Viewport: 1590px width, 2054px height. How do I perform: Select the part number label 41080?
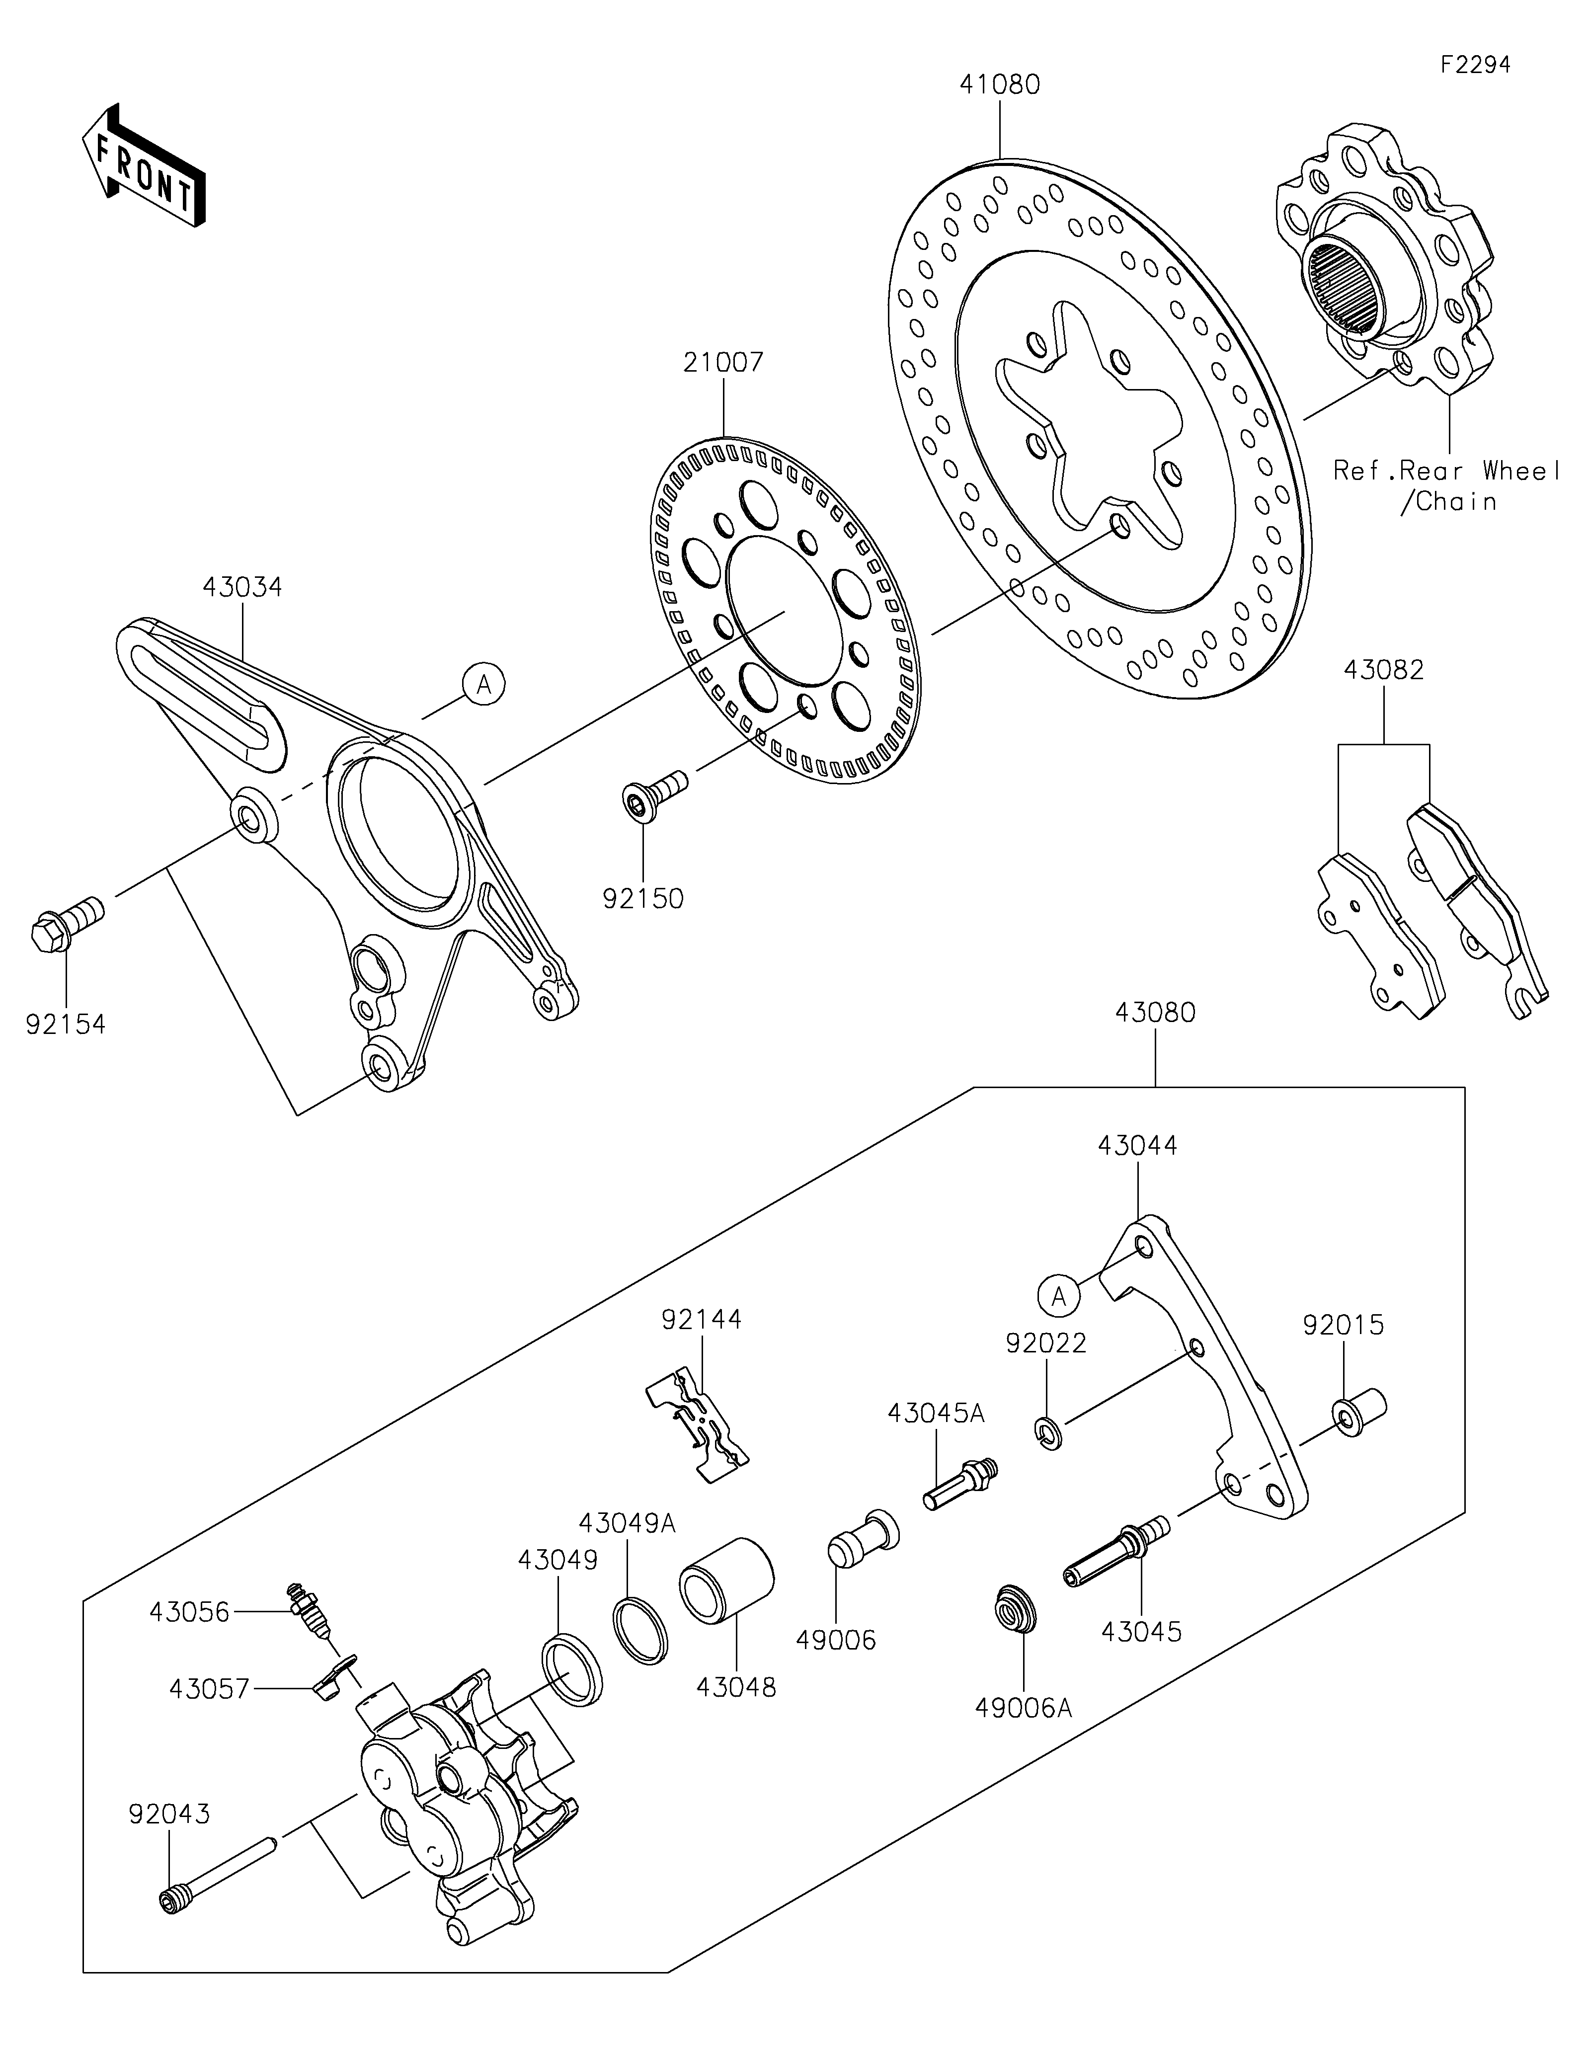pos(1000,84)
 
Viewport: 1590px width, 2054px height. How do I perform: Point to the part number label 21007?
pos(724,362)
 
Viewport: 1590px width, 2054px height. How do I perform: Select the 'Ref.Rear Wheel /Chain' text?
pos(1448,485)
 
